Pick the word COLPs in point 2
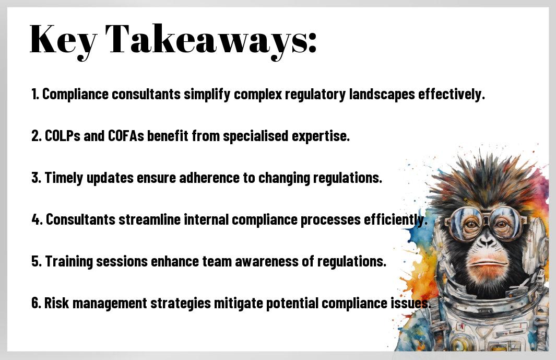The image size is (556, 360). tap(63, 136)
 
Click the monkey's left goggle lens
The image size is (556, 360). tap(462, 223)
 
